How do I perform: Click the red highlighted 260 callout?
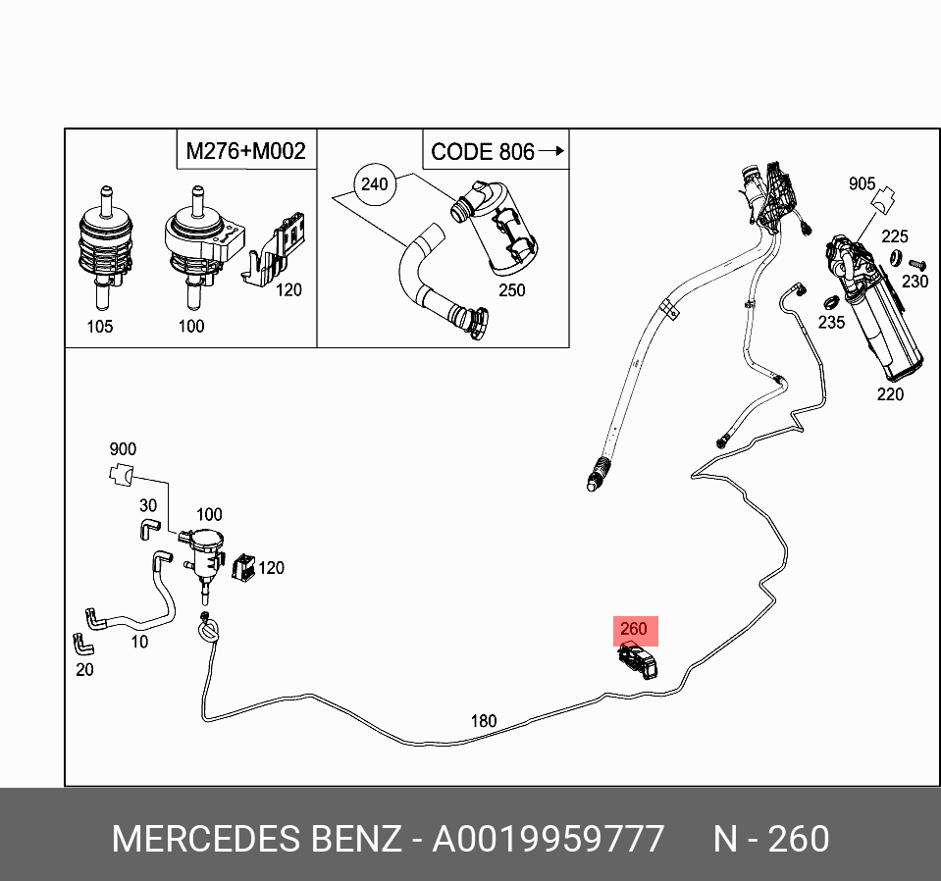pyautogui.click(x=634, y=630)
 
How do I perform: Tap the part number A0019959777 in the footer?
pyautogui.click(x=549, y=840)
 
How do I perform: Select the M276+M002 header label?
pyautogui.click(x=245, y=151)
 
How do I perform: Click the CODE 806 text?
pyautogui.click(x=482, y=152)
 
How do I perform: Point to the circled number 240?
pyautogui.click(x=374, y=183)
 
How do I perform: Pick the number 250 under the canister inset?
pyautogui.click(x=511, y=290)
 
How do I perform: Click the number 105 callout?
pyautogui.click(x=99, y=327)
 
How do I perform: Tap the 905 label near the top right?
pyautogui.click(x=862, y=183)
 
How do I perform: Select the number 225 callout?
pyautogui.click(x=894, y=236)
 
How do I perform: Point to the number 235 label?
pyautogui.click(x=831, y=324)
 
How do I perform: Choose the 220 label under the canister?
pyautogui.click(x=890, y=394)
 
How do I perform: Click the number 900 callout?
pyautogui.click(x=123, y=450)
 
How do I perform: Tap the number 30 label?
pyautogui.click(x=148, y=505)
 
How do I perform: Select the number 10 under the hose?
pyautogui.click(x=139, y=642)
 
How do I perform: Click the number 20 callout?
pyautogui.click(x=84, y=669)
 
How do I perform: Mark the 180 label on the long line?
pyautogui.click(x=483, y=721)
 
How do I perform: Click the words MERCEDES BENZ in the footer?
pyautogui.click(x=257, y=840)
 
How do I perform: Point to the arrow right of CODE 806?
pyautogui.click(x=553, y=151)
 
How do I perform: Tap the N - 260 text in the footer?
pyautogui.click(x=770, y=840)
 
